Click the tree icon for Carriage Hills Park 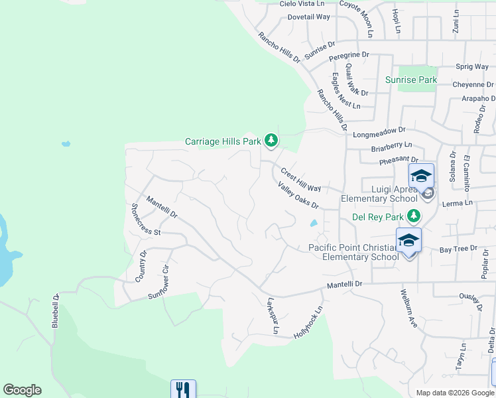point(271,140)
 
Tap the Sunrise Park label point(411,80)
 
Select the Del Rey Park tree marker point(414,216)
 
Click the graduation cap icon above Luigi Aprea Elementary point(420,176)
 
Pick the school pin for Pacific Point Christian point(408,240)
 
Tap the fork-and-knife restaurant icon point(183,389)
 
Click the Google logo point(22,390)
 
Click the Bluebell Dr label point(56,310)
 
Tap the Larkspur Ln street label point(271,316)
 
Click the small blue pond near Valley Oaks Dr point(313,224)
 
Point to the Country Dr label point(141,267)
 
